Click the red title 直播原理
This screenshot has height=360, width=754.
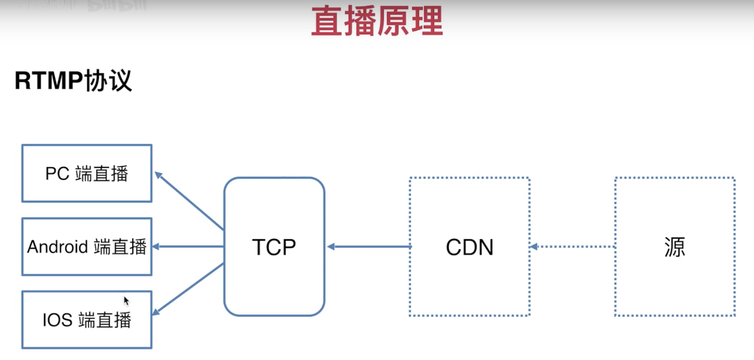click(377, 21)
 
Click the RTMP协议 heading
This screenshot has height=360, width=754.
click(73, 81)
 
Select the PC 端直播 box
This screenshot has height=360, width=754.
click(87, 173)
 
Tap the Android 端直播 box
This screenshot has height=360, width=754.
click(87, 247)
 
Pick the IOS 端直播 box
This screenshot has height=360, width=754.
click(87, 320)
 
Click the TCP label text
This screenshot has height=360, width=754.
click(274, 247)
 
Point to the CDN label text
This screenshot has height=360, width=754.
click(470, 247)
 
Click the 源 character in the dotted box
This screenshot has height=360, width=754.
click(674, 247)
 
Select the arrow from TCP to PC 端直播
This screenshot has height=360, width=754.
click(189, 201)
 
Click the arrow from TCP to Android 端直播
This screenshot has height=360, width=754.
click(189, 246)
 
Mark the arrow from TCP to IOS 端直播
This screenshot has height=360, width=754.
click(189, 288)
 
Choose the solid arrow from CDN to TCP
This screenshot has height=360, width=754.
click(369, 246)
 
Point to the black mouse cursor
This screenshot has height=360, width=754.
click(126, 301)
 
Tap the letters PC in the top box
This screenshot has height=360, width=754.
click(57, 173)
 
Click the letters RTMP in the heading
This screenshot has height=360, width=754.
click(49, 81)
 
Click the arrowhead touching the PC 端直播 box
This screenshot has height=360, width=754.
click(158, 175)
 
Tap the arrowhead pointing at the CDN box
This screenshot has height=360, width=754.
click(533, 246)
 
